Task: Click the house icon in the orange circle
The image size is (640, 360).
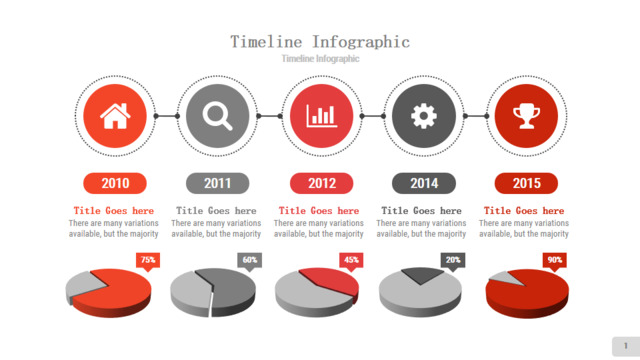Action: click(115, 116)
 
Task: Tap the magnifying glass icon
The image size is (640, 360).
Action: click(218, 116)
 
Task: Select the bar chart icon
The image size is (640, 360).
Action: click(322, 116)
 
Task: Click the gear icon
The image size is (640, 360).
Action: click(424, 116)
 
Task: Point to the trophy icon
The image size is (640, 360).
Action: click(527, 116)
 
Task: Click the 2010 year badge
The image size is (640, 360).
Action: click(115, 183)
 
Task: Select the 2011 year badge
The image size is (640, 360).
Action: click(218, 183)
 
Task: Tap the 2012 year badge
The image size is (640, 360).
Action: click(322, 183)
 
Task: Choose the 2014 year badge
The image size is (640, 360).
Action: click(424, 183)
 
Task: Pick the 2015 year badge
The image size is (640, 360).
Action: click(527, 183)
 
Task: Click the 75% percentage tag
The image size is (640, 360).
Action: click(148, 261)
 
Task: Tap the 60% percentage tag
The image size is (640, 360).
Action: click(249, 261)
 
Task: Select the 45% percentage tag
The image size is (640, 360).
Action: click(351, 261)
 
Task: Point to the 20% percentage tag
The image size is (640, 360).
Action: click(453, 261)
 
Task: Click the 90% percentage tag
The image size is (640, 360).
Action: click(555, 261)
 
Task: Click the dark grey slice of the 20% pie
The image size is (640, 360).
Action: click(422, 274)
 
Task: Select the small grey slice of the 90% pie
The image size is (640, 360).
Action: click(504, 278)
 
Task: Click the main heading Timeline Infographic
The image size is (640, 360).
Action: click(320, 42)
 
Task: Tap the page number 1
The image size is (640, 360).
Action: click(626, 346)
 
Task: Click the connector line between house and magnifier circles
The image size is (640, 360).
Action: click(167, 116)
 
